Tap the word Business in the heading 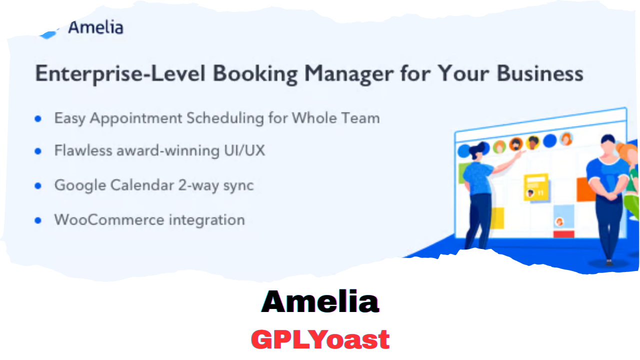tap(540, 73)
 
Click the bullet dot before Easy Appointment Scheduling tap(38, 119)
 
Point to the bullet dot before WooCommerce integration tap(38, 220)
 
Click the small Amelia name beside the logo tap(95, 27)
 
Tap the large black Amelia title tap(320, 301)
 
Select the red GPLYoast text tap(320, 339)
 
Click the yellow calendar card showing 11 tap(535, 187)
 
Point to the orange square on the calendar tap(585, 189)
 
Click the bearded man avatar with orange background tap(516, 144)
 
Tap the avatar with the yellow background tap(533, 142)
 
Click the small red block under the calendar tap(564, 234)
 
